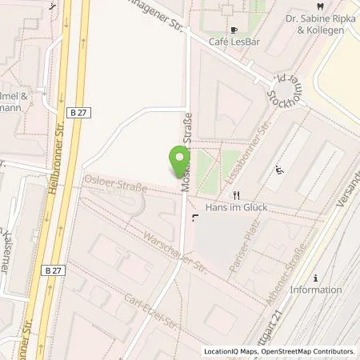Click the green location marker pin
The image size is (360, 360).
click(x=178, y=162)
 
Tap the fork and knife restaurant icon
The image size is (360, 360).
click(x=235, y=194)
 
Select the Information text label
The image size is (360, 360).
click(x=316, y=290)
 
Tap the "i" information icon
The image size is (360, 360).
click(x=316, y=278)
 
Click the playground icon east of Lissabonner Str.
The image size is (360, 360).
click(x=279, y=170)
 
